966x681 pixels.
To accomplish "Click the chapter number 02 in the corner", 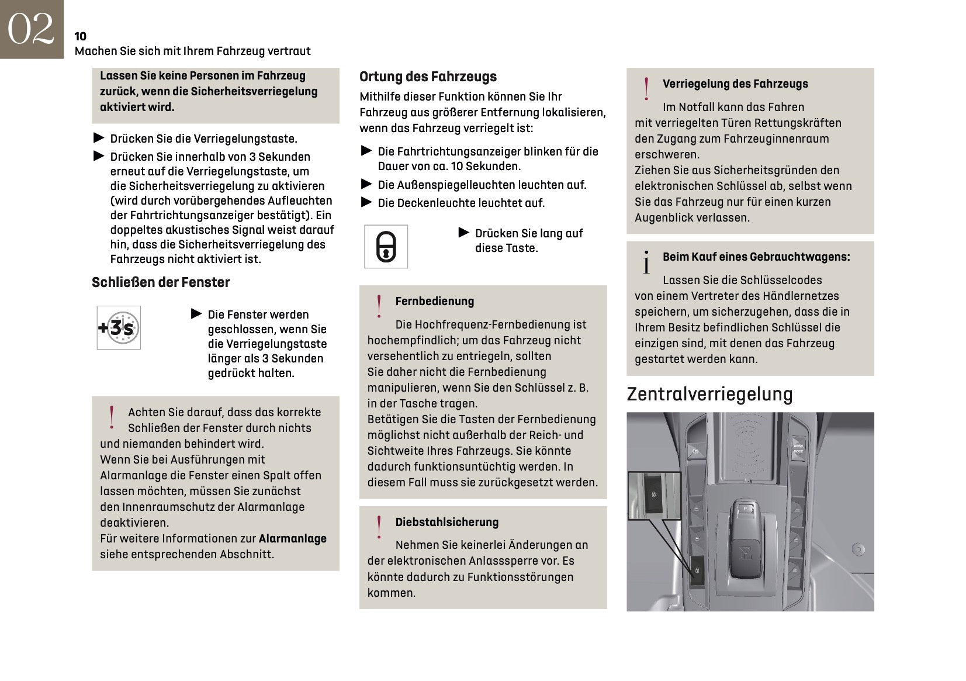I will pyautogui.click(x=31, y=29).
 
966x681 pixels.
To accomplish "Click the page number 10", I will pyautogui.click(x=81, y=36).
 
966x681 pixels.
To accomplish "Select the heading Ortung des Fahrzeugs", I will pyautogui.click(x=428, y=77).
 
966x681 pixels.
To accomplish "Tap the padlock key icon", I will pyautogui.click(x=386, y=247).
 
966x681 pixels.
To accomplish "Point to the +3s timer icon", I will pyautogui.click(x=119, y=328).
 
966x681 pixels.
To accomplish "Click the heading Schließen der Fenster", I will pyautogui.click(x=161, y=282).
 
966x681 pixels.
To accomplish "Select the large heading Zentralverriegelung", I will pyautogui.click(x=709, y=394).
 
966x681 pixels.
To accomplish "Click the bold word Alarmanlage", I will pyautogui.click(x=292, y=538).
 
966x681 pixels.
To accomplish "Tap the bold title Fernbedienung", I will pyautogui.click(x=434, y=301).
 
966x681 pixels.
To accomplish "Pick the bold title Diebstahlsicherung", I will pyautogui.click(x=446, y=522).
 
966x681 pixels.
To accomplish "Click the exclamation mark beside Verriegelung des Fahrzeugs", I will pyautogui.click(x=646, y=89).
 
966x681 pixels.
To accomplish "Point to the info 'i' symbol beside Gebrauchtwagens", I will pyautogui.click(x=646, y=262).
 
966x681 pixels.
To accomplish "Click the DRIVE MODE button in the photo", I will pyautogui.click(x=798, y=448).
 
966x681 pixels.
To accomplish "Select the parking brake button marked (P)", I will pyautogui.click(x=695, y=451).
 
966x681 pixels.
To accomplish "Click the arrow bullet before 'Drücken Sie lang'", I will pyautogui.click(x=464, y=233).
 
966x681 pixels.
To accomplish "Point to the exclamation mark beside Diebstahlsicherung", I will pyautogui.click(x=379, y=527).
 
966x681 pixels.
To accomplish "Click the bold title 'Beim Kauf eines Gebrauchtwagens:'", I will pyautogui.click(x=756, y=257).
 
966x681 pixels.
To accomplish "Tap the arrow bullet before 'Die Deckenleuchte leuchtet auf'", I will pyautogui.click(x=366, y=202).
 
